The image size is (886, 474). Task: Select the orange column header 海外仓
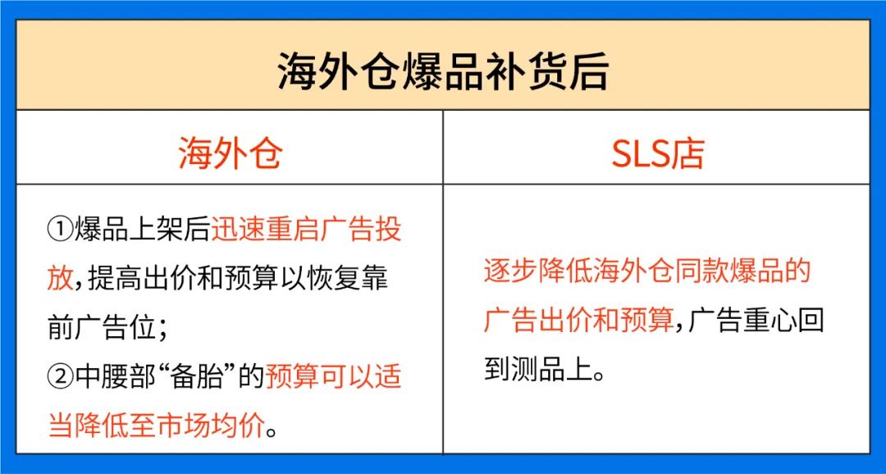coord(230,153)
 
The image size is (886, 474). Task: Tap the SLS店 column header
coord(657,153)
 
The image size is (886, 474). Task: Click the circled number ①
coord(61,230)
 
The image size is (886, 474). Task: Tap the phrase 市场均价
coord(212,426)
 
